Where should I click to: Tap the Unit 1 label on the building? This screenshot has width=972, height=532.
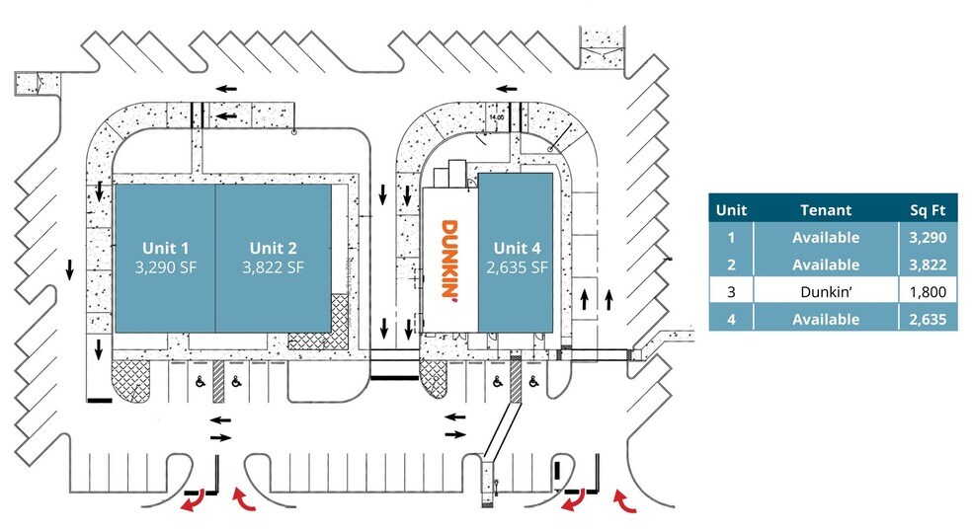pyautogui.click(x=164, y=248)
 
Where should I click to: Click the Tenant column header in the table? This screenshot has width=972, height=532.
pyautogui.click(x=825, y=209)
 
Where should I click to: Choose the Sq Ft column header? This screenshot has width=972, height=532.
pyautogui.click(x=928, y=209)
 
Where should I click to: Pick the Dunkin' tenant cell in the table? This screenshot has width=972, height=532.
pyautogui.click(x=825, y=292)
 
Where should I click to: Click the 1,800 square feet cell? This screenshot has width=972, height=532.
pyautogui.click(x=928, y=292)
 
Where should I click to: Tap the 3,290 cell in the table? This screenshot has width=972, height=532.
pyautogui.click(x=928, y=237)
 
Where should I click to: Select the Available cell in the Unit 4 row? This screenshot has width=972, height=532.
pyautogui.click(x=825, y=320)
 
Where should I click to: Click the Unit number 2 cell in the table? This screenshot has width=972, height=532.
pyautogui.click(x=731, y=265)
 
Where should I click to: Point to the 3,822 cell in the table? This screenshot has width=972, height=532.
pyautogui.click(x=928, y=265)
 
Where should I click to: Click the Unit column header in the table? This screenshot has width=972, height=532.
pyautogui.click(x=731, y=209)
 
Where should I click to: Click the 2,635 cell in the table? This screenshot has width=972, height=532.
pyautogui.click(x=928, y=320)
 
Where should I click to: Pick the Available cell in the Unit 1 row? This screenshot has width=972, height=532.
pyautogui.click(x=825, y=237)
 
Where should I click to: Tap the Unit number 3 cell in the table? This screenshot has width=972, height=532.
pyautogui.click(x=731, y=292)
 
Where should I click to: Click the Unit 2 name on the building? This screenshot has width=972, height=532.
pyautogui.click(x=273, y=248)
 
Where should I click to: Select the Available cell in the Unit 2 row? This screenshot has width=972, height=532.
pyautogui.click(x=825, y=265)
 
